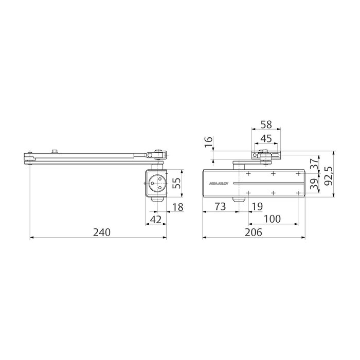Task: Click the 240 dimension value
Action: (101, 232)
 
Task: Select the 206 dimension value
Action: (253, 232)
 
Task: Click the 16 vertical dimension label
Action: (208, 143)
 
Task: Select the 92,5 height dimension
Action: (342, 174)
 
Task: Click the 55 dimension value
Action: (176, 183)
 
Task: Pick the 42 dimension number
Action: (155, 220)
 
